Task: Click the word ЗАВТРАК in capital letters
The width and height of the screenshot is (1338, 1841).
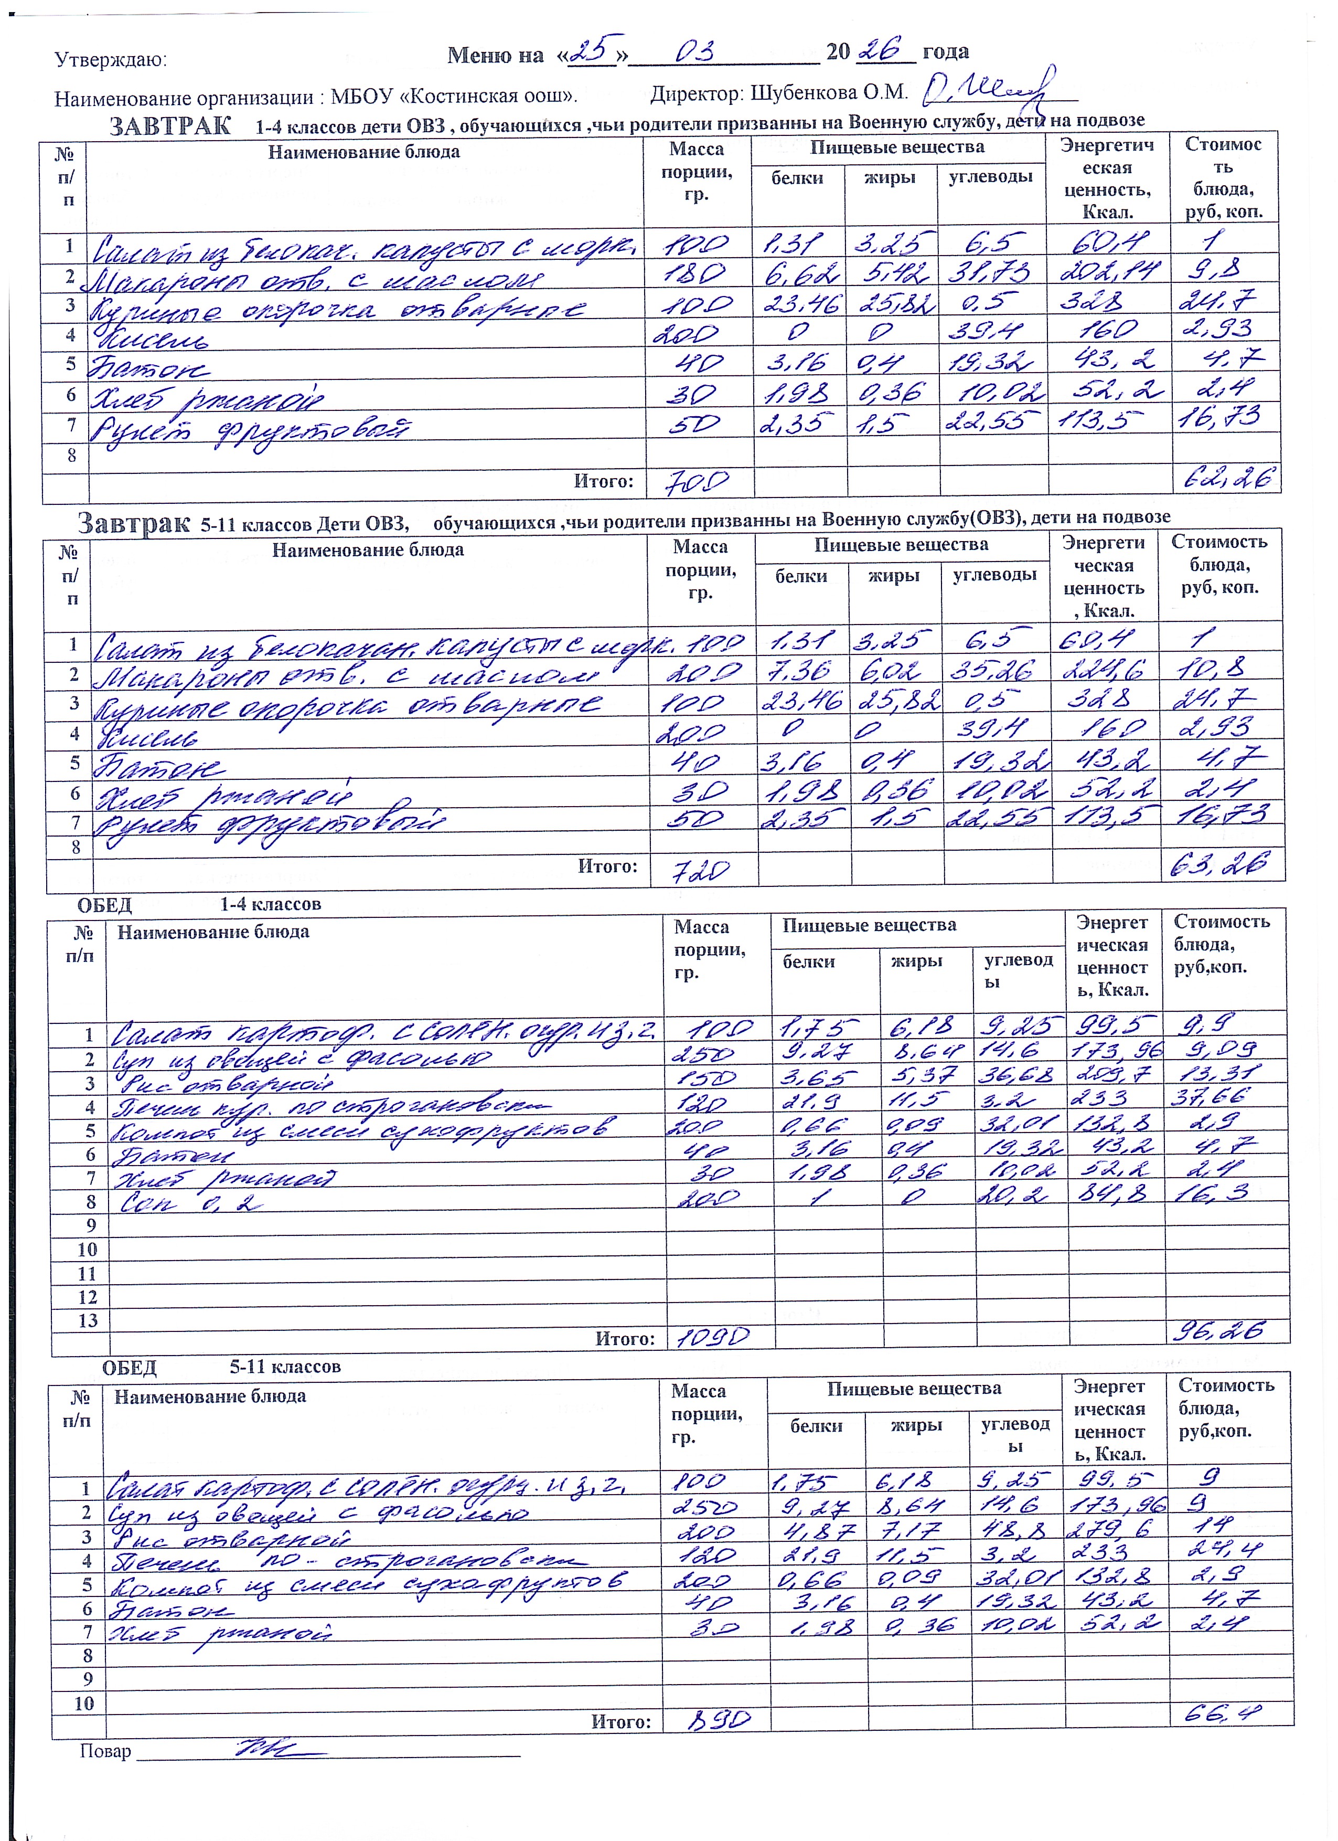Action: point(169,126)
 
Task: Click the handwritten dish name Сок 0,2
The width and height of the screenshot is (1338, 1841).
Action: point(191,1204)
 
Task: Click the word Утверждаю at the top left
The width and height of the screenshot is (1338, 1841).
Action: point(110,60)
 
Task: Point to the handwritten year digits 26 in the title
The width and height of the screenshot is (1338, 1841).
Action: point(884,50)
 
